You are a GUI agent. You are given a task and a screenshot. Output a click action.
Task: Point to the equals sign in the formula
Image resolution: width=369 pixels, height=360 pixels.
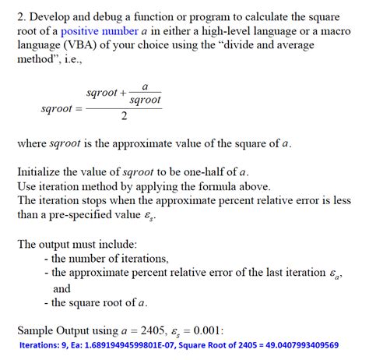coord(78,110)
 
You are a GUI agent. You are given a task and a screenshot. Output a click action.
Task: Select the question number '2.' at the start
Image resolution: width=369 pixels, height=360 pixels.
coord(22,16)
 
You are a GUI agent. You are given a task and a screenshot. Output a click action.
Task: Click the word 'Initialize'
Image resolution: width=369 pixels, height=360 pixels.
coord(42,171)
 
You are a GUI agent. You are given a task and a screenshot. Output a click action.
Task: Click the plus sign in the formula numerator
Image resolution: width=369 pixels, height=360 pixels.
coord(123,94)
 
